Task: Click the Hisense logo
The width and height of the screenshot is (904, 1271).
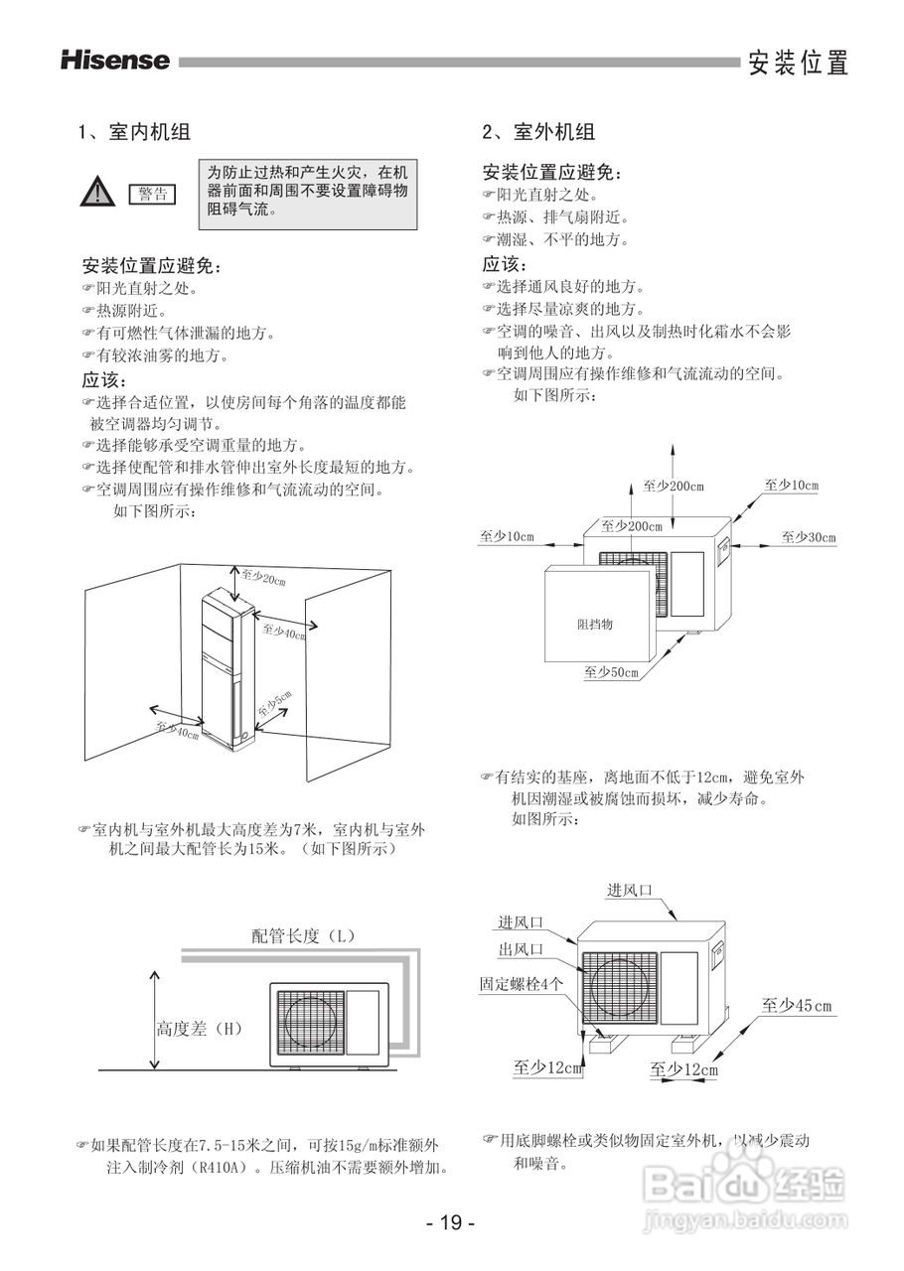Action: coord(115,61)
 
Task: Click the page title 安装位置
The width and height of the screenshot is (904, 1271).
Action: coord(799,64)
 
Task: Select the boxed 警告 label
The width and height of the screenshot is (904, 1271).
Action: coord(151,194)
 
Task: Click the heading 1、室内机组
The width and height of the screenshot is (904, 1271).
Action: coord(134,131)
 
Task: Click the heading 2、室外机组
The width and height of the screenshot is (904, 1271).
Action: coord(538,131)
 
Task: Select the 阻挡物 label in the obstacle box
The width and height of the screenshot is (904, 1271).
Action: coord(595,624)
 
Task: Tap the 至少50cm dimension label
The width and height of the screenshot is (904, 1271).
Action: coord(611,672)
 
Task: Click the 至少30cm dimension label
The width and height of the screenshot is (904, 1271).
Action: coord(808,537)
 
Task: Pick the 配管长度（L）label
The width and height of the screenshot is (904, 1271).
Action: coord(304,935)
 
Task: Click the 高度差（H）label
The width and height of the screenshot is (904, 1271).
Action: coord(199,1029)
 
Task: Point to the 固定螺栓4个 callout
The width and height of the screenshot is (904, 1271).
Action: coord(522,983)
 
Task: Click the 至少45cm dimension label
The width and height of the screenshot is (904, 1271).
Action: coord(797,1006)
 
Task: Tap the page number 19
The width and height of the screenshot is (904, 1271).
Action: coord(451,1222)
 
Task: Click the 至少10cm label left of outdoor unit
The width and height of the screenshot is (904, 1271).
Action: coord(507,537)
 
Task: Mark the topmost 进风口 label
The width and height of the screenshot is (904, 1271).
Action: coord(630,890)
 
